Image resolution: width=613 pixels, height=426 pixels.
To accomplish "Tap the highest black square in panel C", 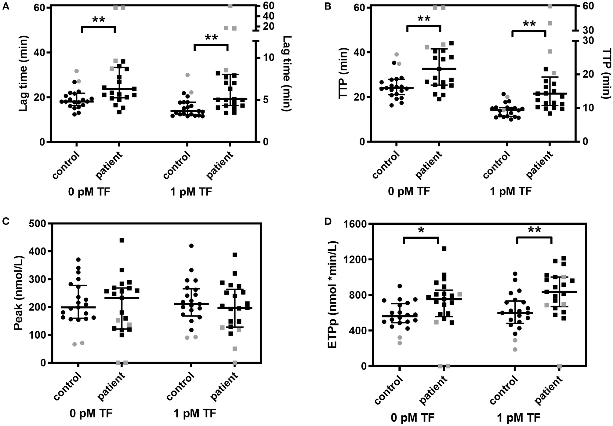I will point(122,240).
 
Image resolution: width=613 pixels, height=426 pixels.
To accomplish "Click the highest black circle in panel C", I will point(191,246).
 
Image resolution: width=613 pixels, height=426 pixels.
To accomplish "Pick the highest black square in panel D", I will point(444,248).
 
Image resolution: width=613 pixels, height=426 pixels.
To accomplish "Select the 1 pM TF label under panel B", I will point(510,192).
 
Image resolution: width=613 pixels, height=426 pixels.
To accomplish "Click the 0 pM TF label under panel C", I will point(91,413).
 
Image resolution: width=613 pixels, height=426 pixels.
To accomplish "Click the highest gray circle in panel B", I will point(397,54).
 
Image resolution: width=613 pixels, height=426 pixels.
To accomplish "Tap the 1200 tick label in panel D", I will point(353,259).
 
